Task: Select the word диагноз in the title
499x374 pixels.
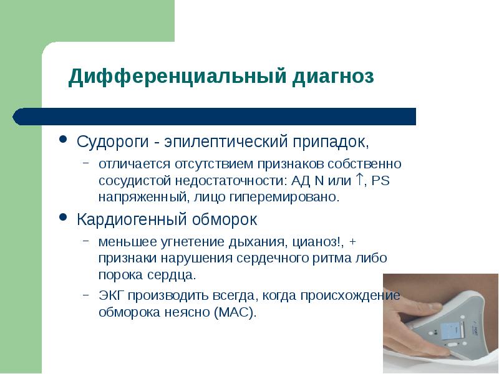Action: [x=331, y=77]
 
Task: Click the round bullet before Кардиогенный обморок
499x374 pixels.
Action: [x=63, y=219]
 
